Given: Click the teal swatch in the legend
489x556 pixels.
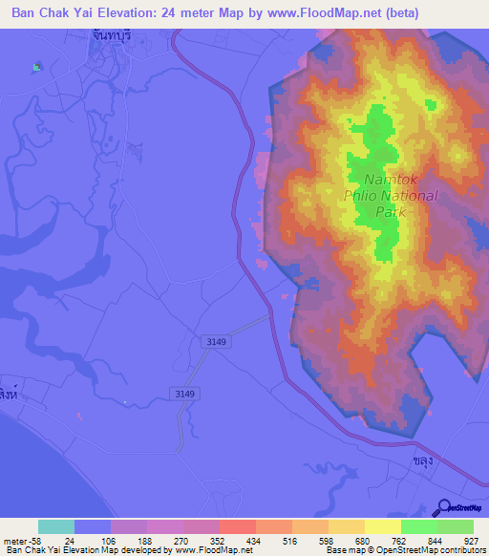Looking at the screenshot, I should pos(55,526).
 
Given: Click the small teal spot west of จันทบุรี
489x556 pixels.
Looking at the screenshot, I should pos(37,67).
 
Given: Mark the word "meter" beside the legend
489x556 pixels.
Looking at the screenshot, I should pos(13,540).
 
